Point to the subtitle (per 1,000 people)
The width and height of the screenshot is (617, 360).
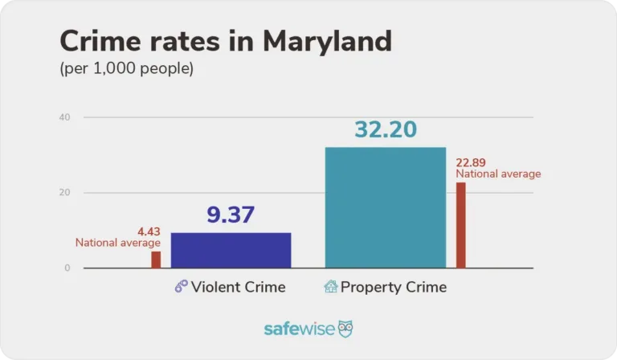127,69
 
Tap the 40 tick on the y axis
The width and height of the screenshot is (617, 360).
65,117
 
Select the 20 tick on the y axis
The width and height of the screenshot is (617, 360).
65,193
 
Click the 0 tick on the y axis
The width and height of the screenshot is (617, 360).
67,268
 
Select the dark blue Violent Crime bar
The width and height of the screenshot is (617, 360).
231,250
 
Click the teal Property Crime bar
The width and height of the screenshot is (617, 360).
385,207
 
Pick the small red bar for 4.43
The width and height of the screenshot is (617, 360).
156,260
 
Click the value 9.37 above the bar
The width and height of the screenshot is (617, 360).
231,215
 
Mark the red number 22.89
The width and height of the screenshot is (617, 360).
472,162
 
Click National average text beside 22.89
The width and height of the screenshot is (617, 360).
498,174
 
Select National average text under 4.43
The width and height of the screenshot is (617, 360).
118,243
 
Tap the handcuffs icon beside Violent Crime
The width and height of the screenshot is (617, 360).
182,287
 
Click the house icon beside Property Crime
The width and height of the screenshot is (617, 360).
330,287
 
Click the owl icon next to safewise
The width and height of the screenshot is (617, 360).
345,329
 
